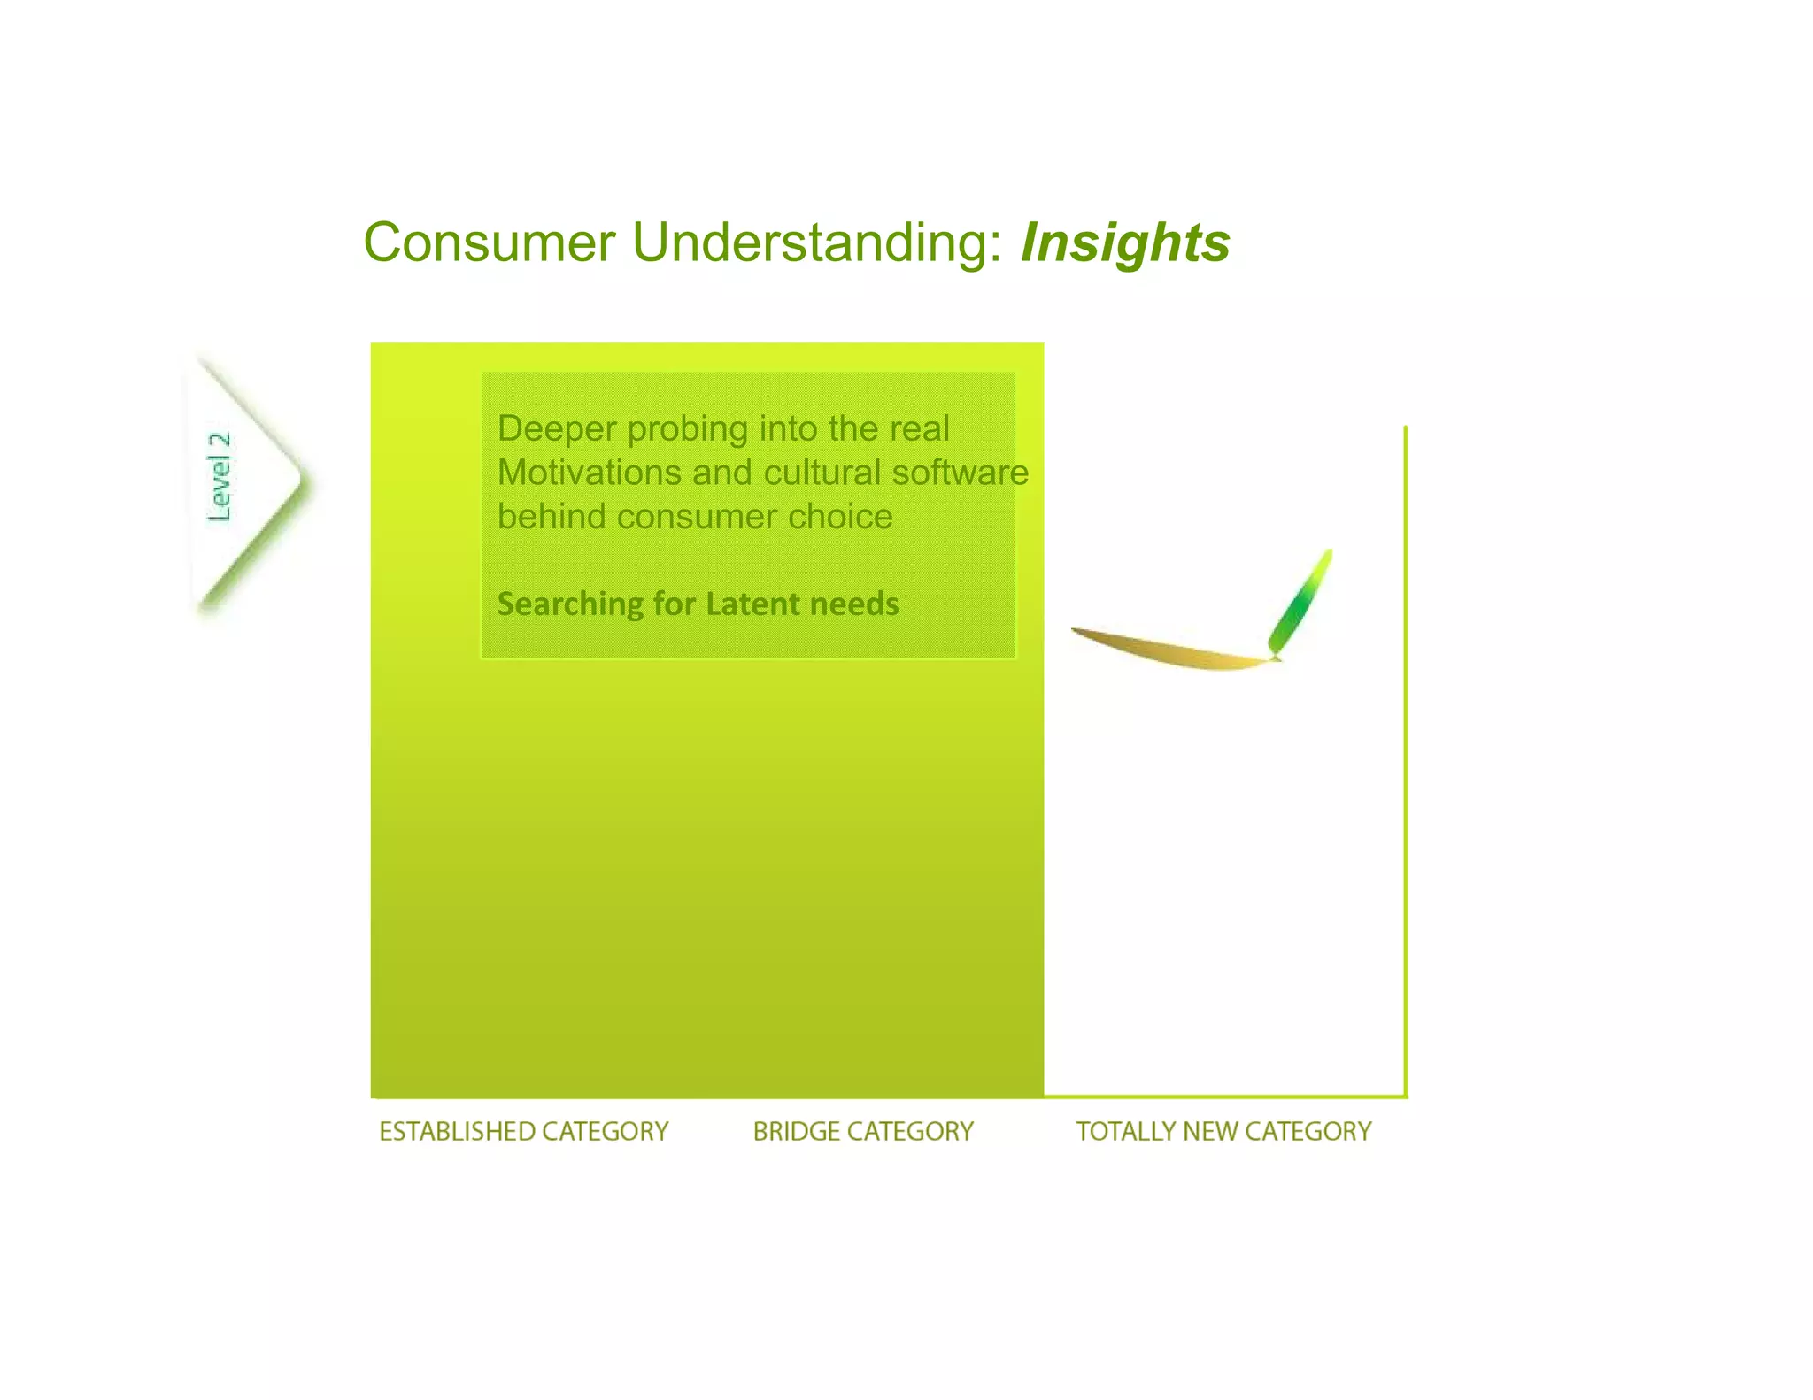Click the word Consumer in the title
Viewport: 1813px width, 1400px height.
[x=489, y=242]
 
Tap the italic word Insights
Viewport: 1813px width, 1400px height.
[x=1125, y=242]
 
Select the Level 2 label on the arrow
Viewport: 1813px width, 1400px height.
[x=219, y=477]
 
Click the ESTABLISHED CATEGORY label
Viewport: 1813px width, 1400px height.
[x=523, y=1131]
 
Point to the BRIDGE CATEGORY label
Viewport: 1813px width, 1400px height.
[x=863, y=1131]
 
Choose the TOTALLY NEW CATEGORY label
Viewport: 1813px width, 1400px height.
[x=1223, y=1131]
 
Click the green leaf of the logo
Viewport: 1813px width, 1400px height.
[x=1300, y=602]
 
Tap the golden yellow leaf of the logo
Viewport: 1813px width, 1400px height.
[x=1169, y=650]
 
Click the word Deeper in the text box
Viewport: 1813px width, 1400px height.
[x=557, y=429]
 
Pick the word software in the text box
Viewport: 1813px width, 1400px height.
[x=960, y=473]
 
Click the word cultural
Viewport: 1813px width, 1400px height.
[x=822, y=473]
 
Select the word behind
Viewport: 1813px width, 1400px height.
[x=551, y=517]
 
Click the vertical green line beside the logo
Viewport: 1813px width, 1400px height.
[x=1405, y=761]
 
